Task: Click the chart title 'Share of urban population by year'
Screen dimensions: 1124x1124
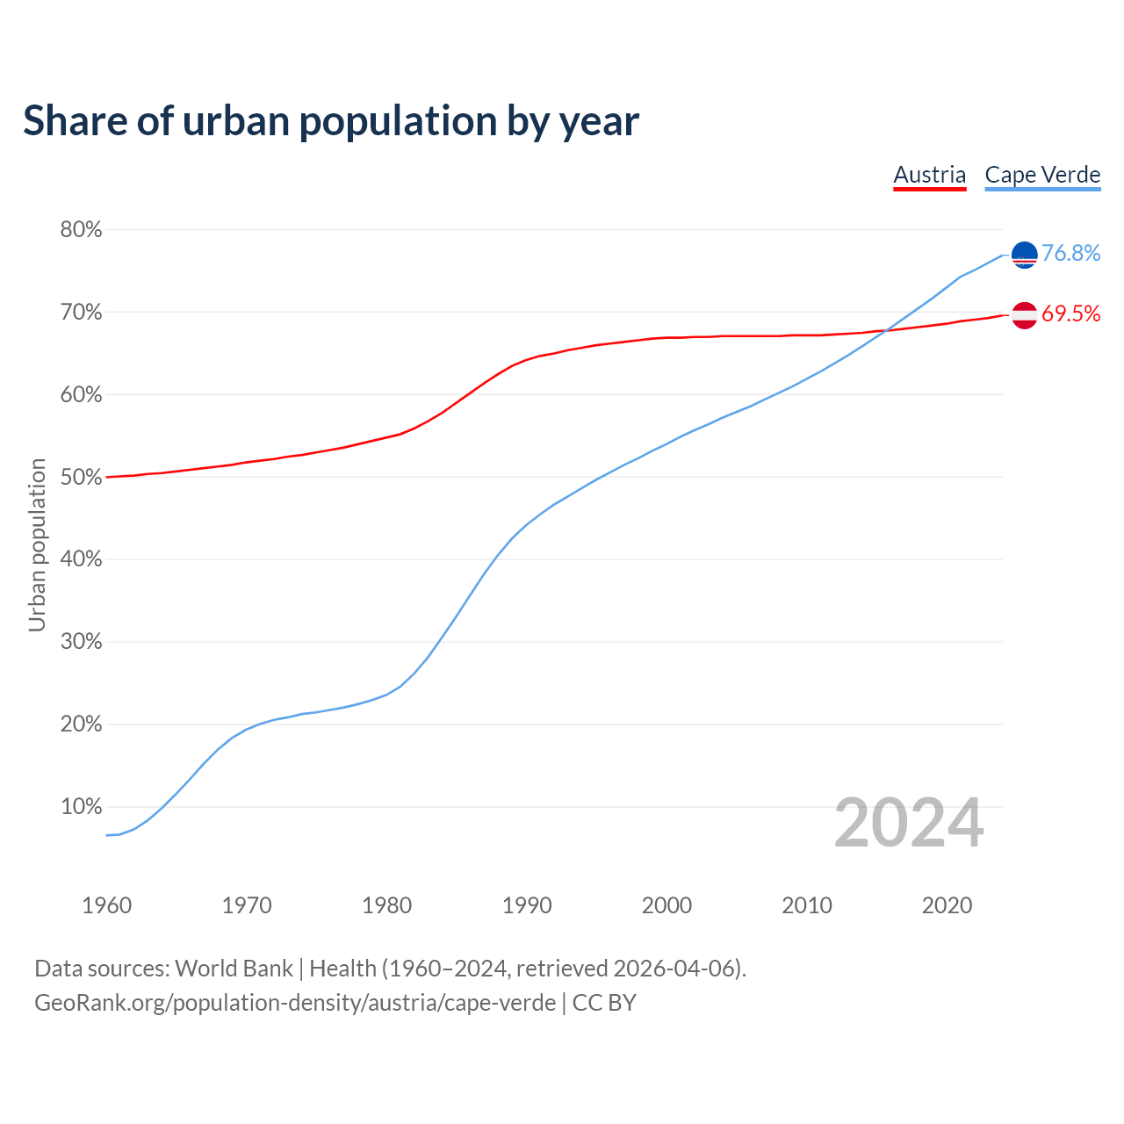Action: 331,120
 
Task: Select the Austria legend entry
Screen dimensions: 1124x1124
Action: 929,175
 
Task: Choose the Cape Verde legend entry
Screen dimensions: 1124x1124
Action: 1042,175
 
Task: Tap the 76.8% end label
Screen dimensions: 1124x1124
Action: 1070,253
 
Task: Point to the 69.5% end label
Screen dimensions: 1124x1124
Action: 1070,313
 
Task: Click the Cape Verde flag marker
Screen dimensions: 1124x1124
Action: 1024,255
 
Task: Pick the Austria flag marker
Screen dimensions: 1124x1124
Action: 1024,314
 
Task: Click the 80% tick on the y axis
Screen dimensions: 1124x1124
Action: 81,230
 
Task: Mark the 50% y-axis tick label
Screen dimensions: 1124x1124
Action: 81,478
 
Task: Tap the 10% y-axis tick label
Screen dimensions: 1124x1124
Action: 81,807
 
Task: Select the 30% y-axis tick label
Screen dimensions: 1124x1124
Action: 81,642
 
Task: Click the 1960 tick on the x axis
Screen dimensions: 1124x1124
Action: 106,905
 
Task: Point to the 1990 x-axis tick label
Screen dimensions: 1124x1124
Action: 527,905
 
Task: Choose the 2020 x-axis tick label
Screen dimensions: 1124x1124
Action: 947,905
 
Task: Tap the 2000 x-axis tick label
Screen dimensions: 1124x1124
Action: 666,905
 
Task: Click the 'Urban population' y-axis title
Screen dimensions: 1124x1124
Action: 37,544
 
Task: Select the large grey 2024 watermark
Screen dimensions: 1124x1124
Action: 909,823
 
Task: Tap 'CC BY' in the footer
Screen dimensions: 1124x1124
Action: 604,1003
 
